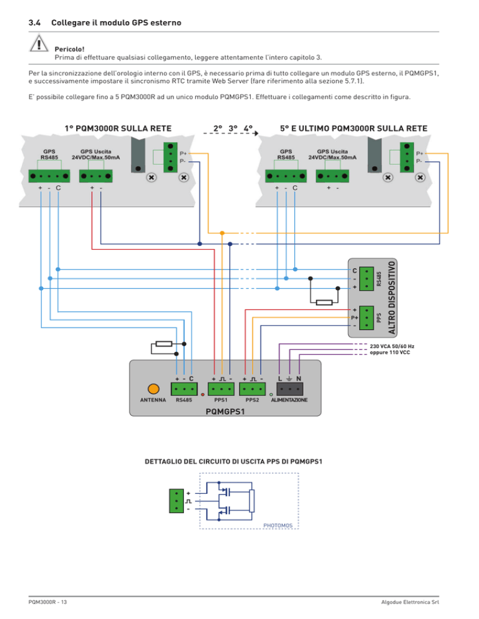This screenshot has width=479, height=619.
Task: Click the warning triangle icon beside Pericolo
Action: click(39, 44)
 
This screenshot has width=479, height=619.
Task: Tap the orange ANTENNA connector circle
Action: click(153, 389)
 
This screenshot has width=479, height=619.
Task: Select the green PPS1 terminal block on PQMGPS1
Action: click(221, 389)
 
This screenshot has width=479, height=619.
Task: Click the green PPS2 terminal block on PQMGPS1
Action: click(253, 389)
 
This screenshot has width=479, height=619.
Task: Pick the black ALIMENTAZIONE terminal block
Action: click(289, 389)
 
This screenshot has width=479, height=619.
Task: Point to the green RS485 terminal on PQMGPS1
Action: click(184, 389)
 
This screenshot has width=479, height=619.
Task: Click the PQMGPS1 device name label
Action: click(225, 412)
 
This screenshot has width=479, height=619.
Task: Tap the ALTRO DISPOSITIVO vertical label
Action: click(392, 298)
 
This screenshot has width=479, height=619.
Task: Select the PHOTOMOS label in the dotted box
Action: click(278, 526)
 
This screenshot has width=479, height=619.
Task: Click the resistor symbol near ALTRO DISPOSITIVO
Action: click(324, 303)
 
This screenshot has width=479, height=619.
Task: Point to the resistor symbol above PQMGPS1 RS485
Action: click(164, 344)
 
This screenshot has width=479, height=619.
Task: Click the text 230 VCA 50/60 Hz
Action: click(392, 346)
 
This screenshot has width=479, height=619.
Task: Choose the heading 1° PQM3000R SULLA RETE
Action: click(118, 128)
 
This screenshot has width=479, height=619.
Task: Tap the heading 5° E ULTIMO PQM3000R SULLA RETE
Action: click(354, 128)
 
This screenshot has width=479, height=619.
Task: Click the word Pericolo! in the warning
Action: click(70, 49)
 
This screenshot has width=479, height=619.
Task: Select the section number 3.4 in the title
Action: click(34, 22)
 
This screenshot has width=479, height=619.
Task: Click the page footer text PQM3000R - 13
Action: click(47, 602)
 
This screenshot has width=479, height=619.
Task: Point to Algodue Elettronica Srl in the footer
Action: click(410, 602)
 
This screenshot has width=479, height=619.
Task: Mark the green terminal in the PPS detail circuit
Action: click(177, 501)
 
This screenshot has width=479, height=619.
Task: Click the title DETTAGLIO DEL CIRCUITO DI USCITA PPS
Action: click(233, 461)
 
